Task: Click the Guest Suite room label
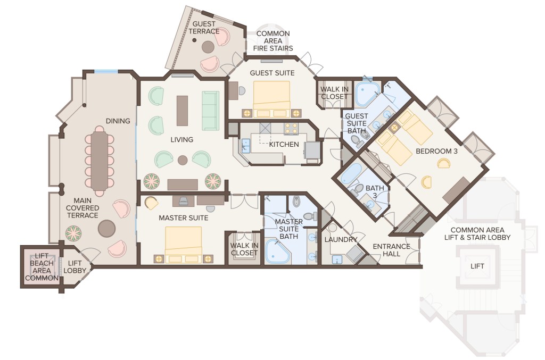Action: pyautogui.click(x=272, y=73)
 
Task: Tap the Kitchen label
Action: pyautogui.click(x=284, y=145)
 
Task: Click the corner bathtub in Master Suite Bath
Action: pyautogui.click(x=277, y=251)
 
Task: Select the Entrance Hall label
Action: pyautogui.click(x=391, y=250)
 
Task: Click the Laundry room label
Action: pyautogui.click(x=341, y=239)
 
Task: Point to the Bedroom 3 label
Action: pyautogui.click(x=436, y=152)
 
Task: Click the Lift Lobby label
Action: pyautogui.click(x=75, y=266)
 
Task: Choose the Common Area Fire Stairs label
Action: pyautogui.click(x=273, y=41)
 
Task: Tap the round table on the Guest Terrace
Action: pyautogui.click(x=208, y=47)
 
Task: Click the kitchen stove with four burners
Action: pyautogui.click(x=291, y=129)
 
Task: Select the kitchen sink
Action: pyautogui.click(x=246, y=145)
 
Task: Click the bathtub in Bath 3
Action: pyautogui.click(x=351, y=173)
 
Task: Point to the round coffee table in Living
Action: pyautogui.click(x=183, y=160)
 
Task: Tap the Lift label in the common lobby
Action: pyautogui.click(x=477, y=266)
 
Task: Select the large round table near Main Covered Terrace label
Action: pyautogui.click(x=106, y=229)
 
